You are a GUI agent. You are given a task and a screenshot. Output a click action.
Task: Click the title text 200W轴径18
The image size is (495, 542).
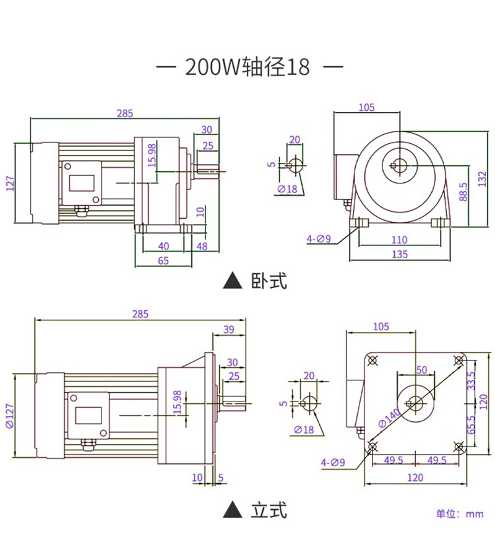[x=247, y=66]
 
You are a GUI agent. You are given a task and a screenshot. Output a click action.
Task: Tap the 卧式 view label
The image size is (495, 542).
[x=269, y=281]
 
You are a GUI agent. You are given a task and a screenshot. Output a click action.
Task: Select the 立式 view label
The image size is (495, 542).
[x=269, y=510]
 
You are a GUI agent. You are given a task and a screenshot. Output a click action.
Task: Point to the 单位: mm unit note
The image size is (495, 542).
[x=460, y=514]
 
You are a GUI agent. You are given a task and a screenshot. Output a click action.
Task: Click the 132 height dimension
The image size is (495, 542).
[x=482, y=179]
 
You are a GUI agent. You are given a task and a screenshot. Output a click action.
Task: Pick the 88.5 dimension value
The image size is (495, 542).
[x=463, y=192]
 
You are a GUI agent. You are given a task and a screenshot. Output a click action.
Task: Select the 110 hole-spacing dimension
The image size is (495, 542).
[x=399, y=240]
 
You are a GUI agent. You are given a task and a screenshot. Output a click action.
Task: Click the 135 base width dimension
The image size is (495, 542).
[x=400, y=255]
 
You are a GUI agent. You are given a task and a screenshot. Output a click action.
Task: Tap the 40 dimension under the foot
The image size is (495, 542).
[x=163, y=246]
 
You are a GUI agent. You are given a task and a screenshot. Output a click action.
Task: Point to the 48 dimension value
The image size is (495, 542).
[x=202, y=246]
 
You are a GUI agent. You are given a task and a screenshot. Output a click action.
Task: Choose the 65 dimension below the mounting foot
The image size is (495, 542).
[x=163, y=261]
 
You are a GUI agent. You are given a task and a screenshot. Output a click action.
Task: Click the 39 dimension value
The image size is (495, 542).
[x=228, y=330]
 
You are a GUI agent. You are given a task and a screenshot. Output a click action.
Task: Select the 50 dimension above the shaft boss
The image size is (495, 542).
[x=421, y=370]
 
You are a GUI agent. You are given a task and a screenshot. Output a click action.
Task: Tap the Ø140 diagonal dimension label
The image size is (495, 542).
[x=389, y=418]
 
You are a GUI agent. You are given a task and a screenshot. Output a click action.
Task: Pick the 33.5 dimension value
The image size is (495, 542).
[x=471, y=380]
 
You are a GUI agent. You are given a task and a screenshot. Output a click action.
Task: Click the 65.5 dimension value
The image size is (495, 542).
[x=471, y=425]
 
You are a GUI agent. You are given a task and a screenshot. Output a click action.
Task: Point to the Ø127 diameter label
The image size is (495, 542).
[x=10, y=416]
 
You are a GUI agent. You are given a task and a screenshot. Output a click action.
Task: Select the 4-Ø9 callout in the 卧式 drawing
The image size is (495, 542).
[x=319, y=238]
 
